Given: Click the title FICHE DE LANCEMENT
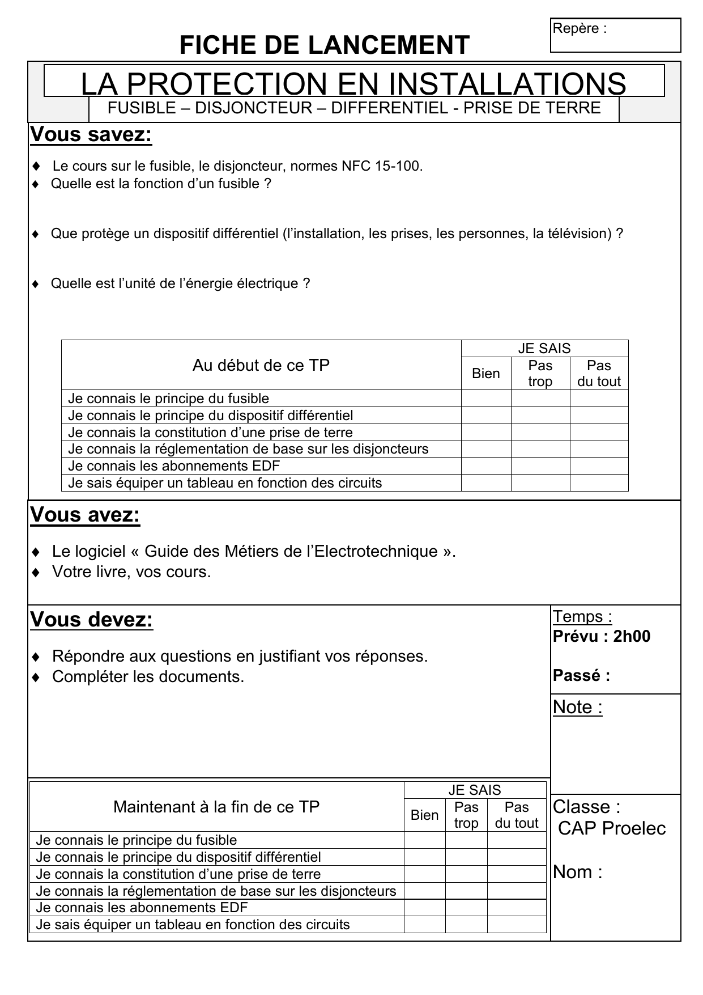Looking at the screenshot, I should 324,45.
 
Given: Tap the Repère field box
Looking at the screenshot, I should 615,35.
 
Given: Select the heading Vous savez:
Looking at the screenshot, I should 91,135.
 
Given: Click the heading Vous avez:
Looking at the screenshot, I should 85,515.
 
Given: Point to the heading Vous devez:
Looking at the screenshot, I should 92,620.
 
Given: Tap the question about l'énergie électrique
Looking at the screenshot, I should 180,283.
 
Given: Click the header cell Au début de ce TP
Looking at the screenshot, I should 261,365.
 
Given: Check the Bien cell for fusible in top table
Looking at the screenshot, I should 486,399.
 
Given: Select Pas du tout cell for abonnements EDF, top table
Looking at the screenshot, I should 599,466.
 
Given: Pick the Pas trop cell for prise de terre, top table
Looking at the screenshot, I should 540,433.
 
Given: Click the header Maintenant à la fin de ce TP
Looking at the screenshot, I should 216,807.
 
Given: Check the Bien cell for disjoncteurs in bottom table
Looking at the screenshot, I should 424,891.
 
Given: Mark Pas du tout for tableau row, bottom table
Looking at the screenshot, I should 516,925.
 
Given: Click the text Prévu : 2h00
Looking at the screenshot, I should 602,637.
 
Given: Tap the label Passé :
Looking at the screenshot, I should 581,676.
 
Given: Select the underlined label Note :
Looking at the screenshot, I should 577,708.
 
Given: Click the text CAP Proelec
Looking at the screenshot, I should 612,828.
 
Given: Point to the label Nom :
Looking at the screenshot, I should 577,872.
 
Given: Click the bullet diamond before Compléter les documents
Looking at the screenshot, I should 36,677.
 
